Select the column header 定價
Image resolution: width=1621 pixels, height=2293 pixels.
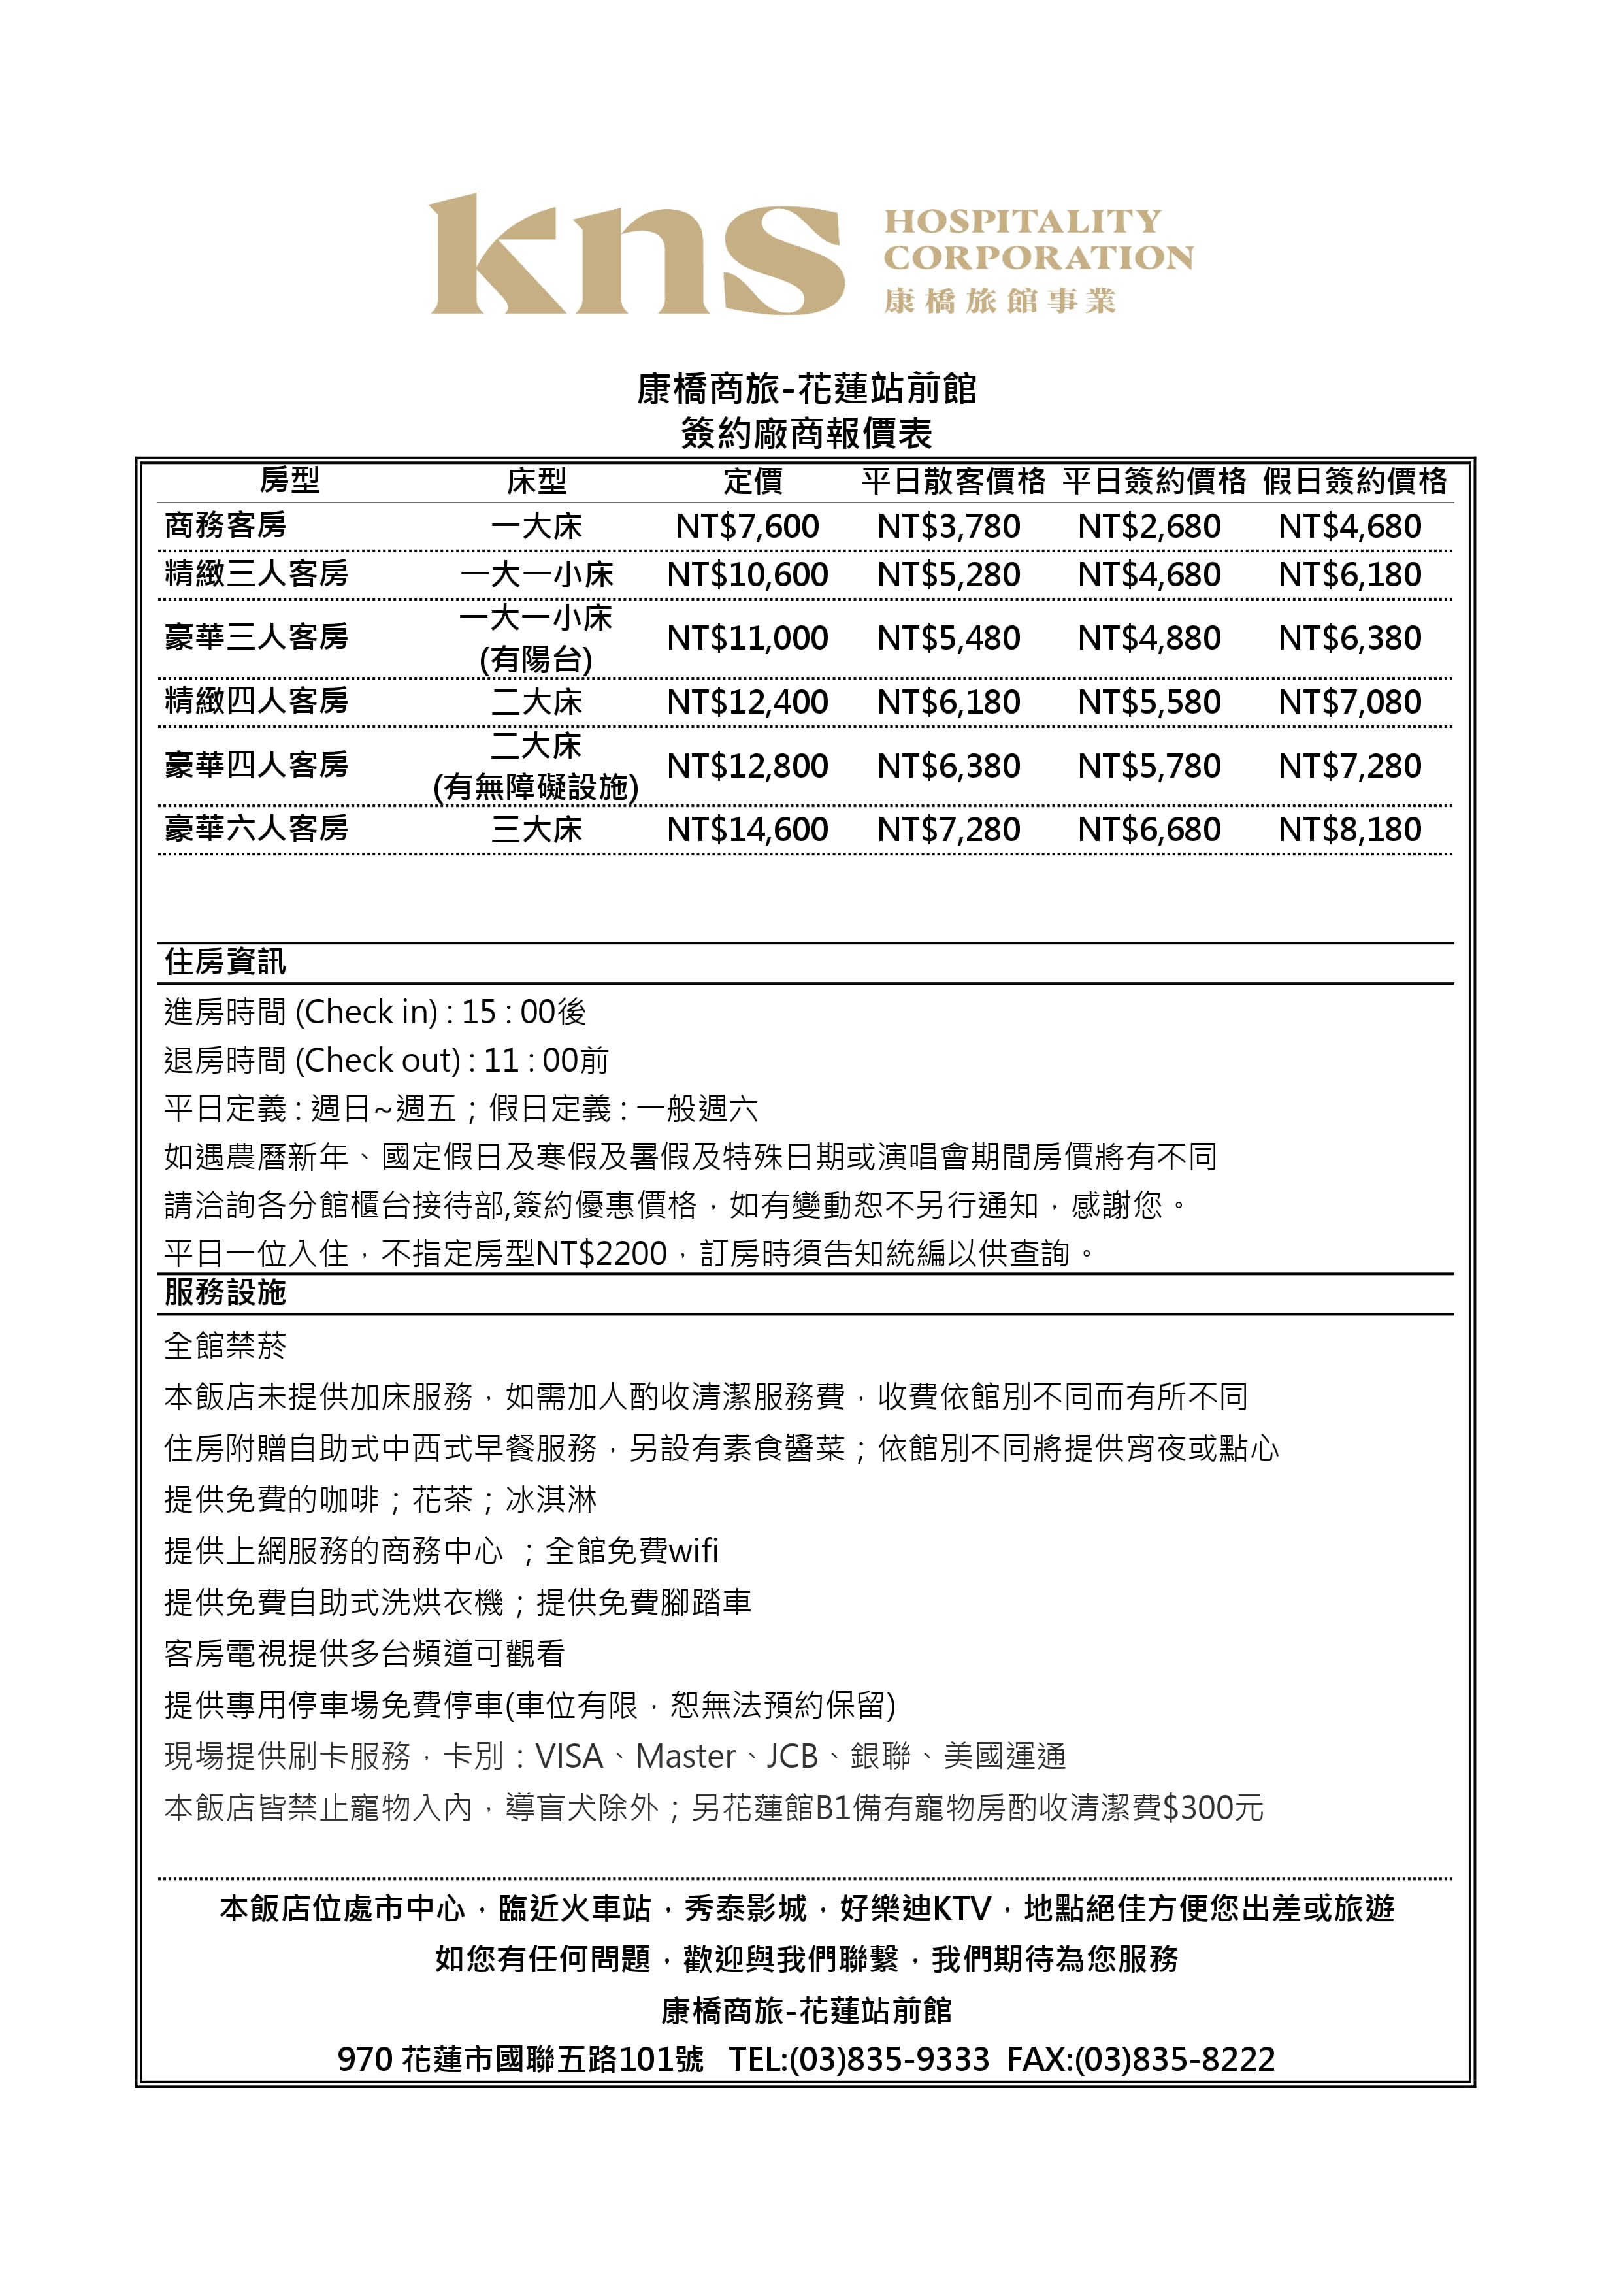click(753, 482)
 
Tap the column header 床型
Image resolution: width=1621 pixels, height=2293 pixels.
click(536, 482)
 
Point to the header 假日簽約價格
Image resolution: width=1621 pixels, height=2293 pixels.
click(1354, 482)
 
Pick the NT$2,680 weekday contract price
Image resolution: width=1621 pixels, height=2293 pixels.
click(1149, 526)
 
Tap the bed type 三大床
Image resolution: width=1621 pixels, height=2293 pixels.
click(536, 830)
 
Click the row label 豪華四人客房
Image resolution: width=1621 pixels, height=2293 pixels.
click(257, 765)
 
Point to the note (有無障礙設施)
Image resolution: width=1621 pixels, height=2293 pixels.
click(536, 788)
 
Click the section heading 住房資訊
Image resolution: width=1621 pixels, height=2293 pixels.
click(225, 962)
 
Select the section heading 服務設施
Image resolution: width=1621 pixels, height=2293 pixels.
click(225, 1293)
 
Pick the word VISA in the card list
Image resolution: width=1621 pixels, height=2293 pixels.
click(569, 1756)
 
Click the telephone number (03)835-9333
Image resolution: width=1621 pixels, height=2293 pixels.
click(889, 2059)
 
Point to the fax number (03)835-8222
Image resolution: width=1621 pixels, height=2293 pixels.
click(1175, 2059)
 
